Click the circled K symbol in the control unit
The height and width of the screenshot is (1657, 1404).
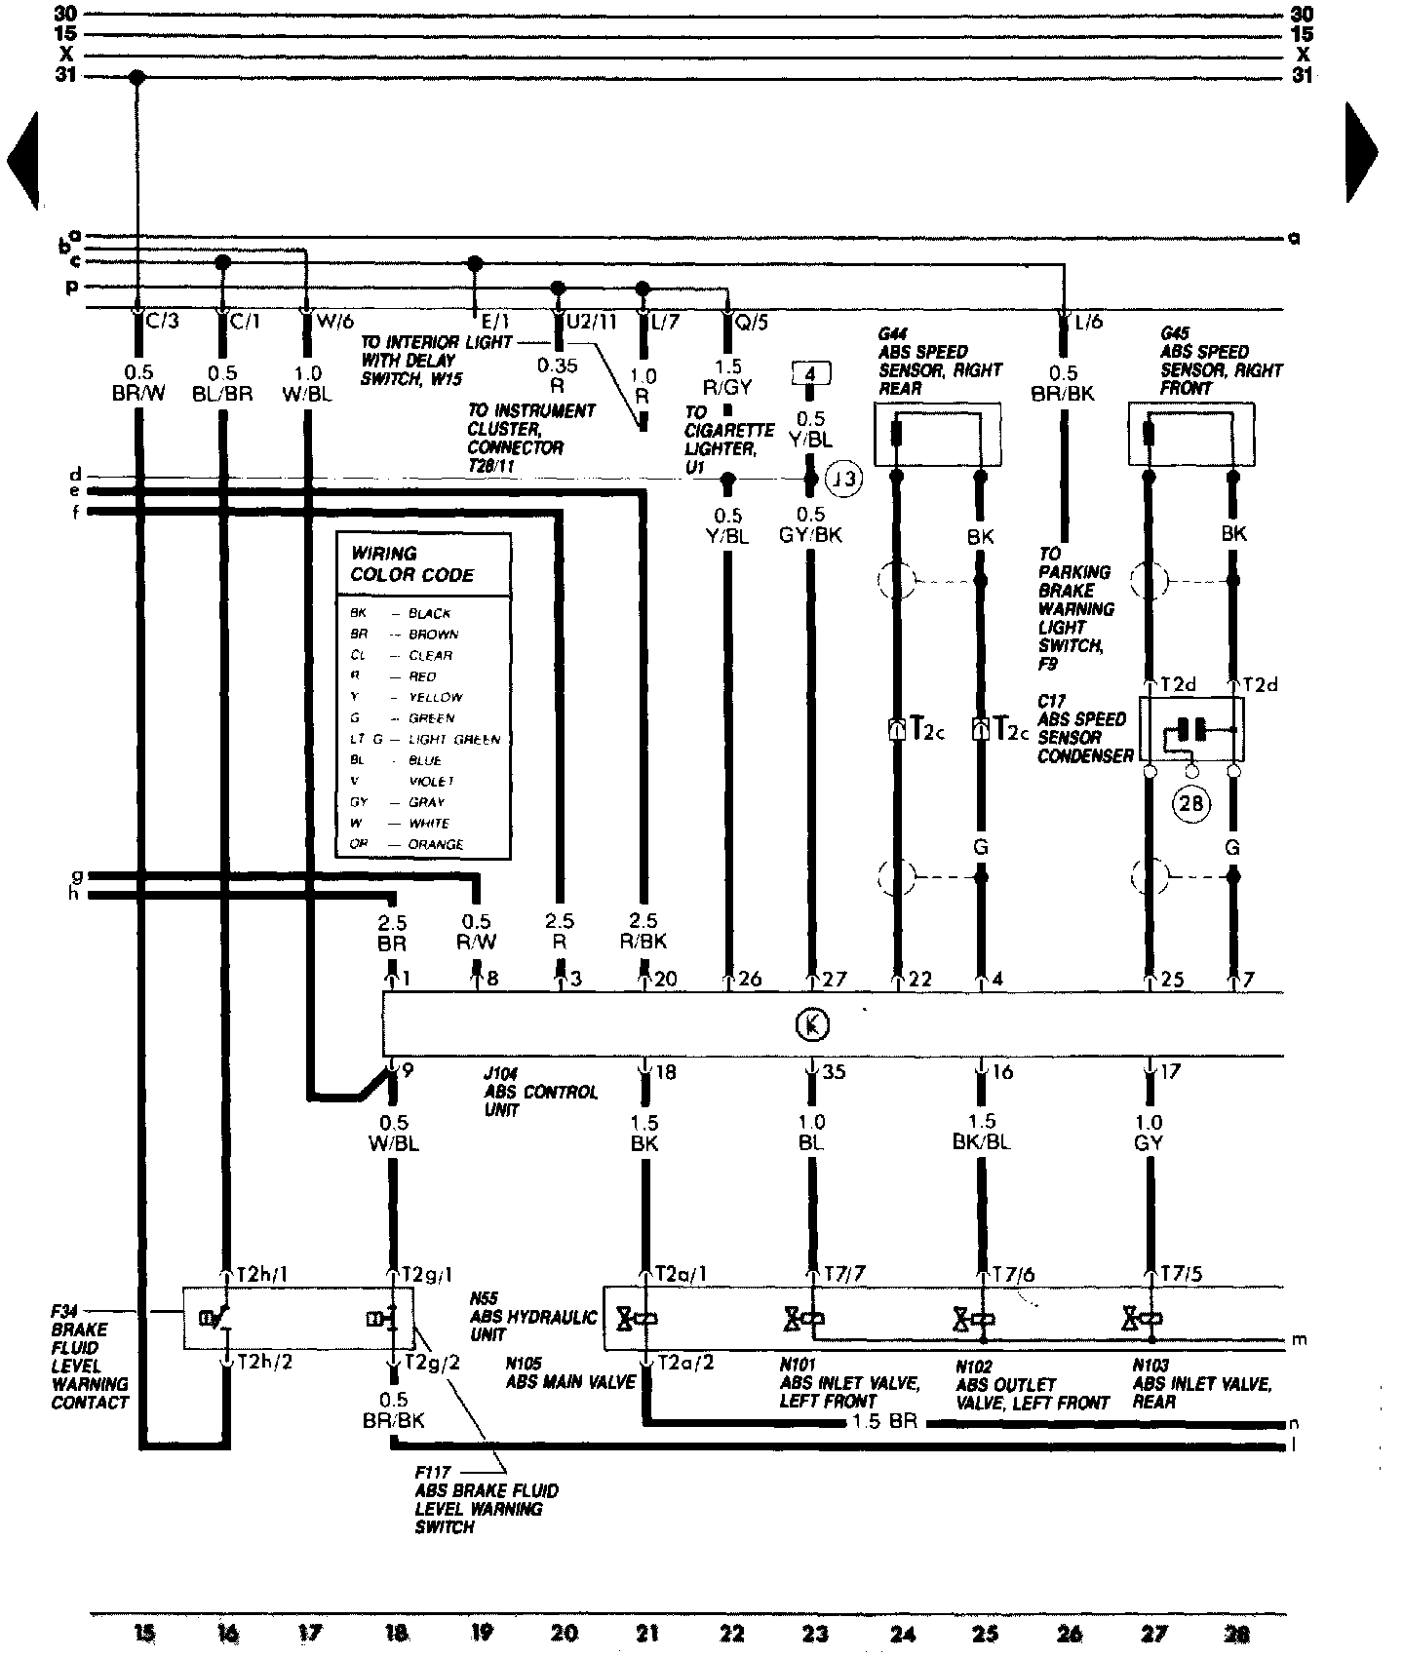[x=811, y=1024]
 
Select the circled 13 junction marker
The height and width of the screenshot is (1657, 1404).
[x=844, y=479]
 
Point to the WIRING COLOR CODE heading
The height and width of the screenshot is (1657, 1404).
[x=411, y=564]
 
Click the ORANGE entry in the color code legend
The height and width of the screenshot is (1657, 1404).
[x=435, y=844]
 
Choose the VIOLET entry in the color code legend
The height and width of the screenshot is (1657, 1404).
[x=431, y=781]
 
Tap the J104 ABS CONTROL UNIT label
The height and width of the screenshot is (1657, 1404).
[x=540, y=1092]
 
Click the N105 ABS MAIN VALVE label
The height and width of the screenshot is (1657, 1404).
[x=569, y=1372]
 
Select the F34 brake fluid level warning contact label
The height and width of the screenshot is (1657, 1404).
[x=89, y=1357]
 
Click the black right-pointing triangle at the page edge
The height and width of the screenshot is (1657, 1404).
[x=1361, y=152]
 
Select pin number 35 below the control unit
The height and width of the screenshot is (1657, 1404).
[x=833, y=1072]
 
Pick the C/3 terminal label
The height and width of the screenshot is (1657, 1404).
[x=161, y=320]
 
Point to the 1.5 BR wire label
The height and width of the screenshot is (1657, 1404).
[x=883, y=1422]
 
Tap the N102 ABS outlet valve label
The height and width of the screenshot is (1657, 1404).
[x=1032, y=1385]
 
